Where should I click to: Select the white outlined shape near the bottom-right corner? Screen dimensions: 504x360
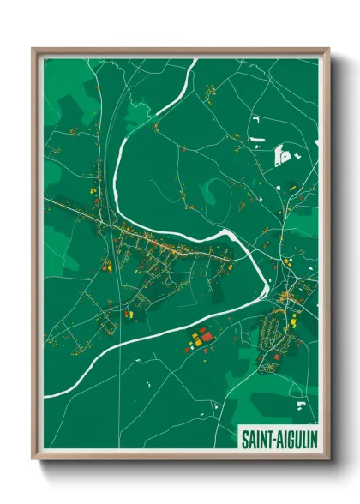300,401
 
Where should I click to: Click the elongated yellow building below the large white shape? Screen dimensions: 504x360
291,185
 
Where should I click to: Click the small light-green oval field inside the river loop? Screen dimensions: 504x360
208,194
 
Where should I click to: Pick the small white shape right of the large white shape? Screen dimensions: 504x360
297,157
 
